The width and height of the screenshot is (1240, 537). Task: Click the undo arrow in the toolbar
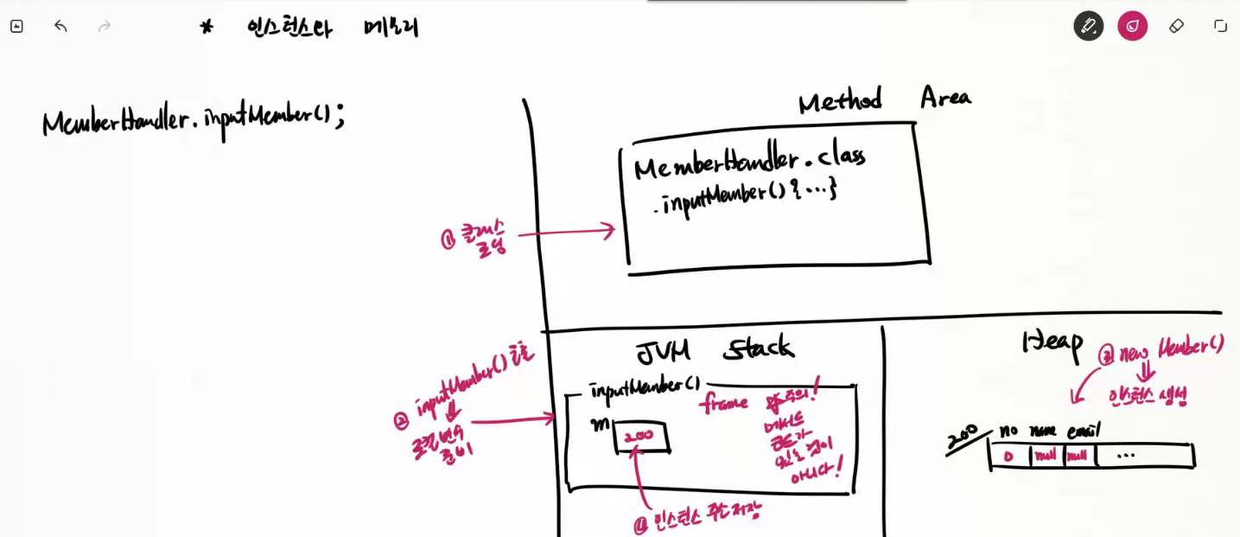[60, 26]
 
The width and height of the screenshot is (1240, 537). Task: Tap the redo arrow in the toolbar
[105, 26]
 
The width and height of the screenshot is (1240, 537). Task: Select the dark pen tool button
[1089, 26]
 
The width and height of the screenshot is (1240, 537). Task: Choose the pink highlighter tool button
[1132, 26]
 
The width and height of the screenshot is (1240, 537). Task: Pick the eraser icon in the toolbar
[1176, 26]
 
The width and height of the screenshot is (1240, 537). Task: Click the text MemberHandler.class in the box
[748, 161]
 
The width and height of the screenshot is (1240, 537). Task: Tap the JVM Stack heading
[714, 350]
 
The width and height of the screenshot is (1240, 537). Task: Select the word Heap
[1052, 342]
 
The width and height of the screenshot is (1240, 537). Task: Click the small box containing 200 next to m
[640, 438]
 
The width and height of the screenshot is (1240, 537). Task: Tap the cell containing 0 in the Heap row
[1008, 456]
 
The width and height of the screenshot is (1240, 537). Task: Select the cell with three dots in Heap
[1126, 456]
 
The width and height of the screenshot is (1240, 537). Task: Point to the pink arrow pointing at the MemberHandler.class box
[566, 232]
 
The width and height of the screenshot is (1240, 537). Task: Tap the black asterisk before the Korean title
[207, 27]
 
